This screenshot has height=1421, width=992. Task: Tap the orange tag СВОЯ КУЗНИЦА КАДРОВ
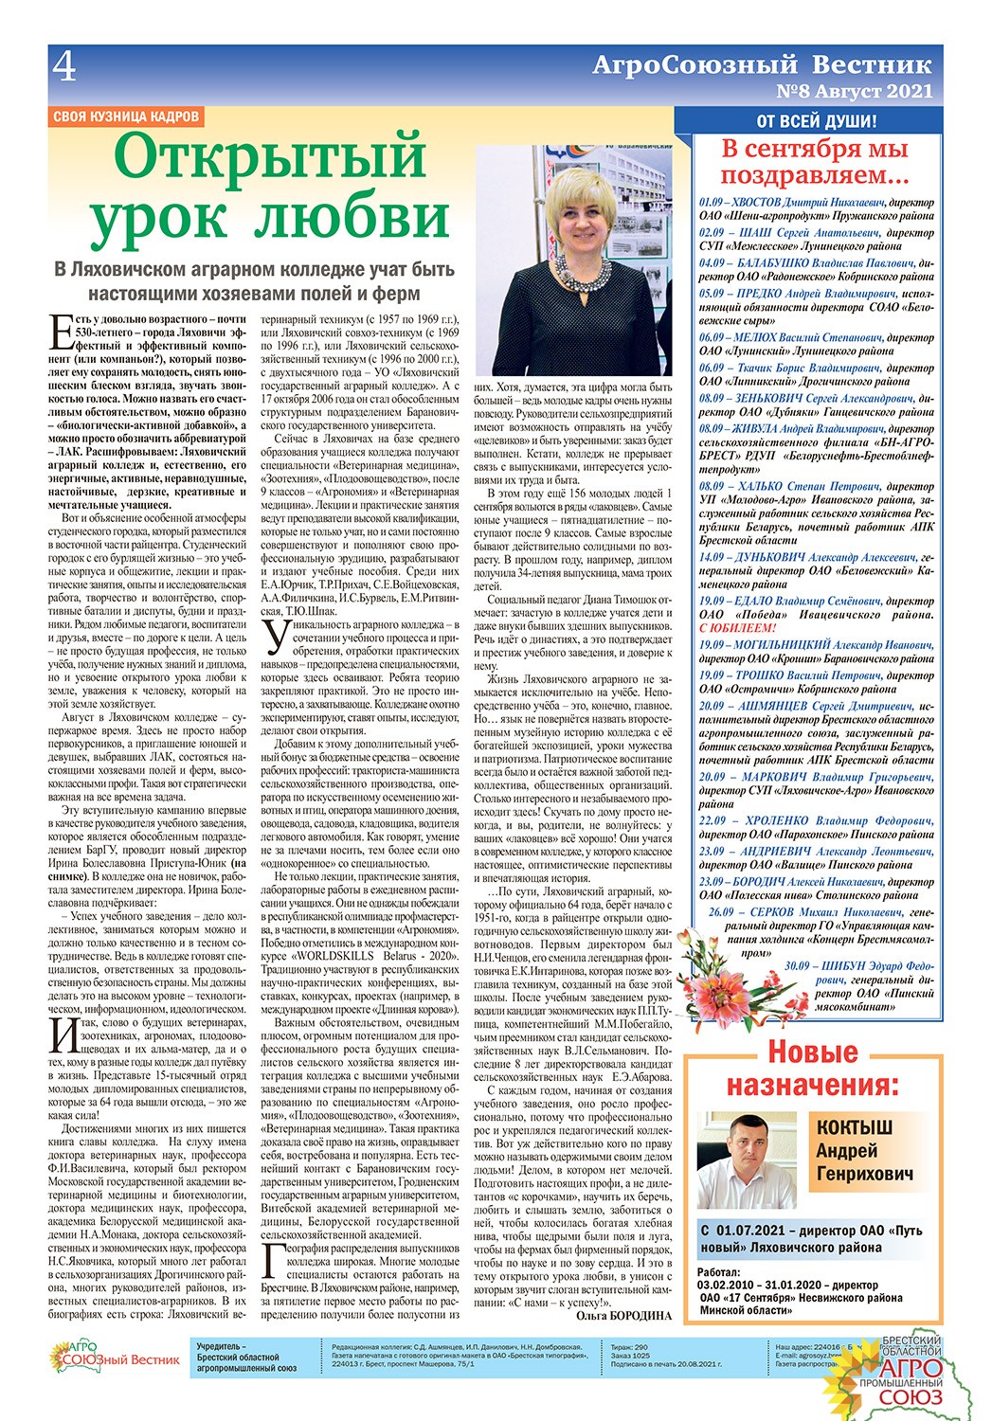126,117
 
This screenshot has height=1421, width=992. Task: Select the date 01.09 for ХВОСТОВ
712,203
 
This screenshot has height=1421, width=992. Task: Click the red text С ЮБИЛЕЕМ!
737,628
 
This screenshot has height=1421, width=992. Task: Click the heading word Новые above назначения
812,1052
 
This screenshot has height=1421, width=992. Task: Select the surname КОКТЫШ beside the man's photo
854,1127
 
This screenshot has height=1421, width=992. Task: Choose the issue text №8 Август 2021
854,92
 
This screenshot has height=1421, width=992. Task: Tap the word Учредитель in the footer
221,1346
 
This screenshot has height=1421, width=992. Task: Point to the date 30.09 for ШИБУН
798,966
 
